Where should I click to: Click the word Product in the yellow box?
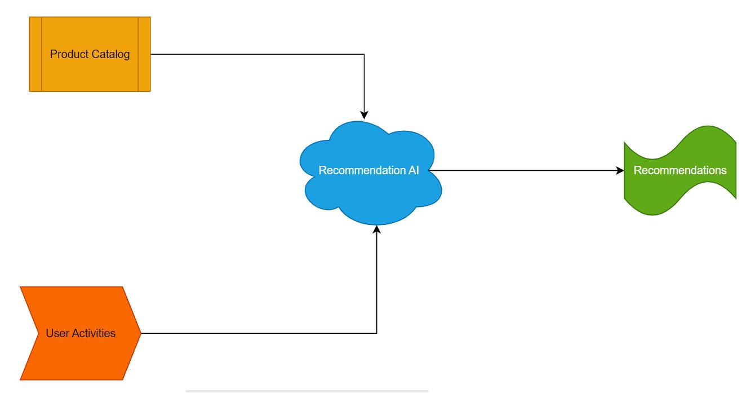tap(69, 54)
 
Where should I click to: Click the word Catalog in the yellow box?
tap(110, 54)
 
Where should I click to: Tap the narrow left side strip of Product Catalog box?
tap(35, 54)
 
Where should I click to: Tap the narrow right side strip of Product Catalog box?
tap(144, 54)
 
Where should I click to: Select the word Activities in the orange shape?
tap(94, 333)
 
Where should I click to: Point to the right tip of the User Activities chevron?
tap(141, 333)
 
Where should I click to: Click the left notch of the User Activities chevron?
tap(38, 333)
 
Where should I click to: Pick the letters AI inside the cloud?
tap(414, 170)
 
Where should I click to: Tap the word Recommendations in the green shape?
tap(680, 170)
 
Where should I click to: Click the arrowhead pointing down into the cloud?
tap(364, 115)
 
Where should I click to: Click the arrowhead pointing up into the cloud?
tap(377, 229)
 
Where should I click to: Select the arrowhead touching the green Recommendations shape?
tap(620, 170)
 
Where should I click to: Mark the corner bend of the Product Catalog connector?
tap(364, 54)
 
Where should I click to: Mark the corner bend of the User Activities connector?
tap(377, 333)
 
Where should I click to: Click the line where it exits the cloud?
tap(431, 170)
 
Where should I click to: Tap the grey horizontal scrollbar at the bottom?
tap(307, 391)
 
